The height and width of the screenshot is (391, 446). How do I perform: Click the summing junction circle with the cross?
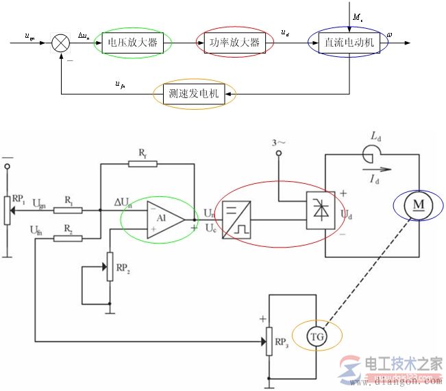[x=61, y=43]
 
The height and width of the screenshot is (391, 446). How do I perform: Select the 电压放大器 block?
[x=132, y=43]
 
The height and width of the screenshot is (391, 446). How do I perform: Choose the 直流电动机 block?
[x=350, y=43]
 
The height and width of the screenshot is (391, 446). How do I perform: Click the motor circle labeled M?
[x=414, y=204]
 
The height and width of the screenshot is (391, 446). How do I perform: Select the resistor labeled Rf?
[x=142, y=164]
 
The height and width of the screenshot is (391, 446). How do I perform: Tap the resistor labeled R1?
[x=68, y=211]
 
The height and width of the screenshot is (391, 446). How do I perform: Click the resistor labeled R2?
[x=68, y=238]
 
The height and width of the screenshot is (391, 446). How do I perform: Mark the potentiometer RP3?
[x=269, y=341]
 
